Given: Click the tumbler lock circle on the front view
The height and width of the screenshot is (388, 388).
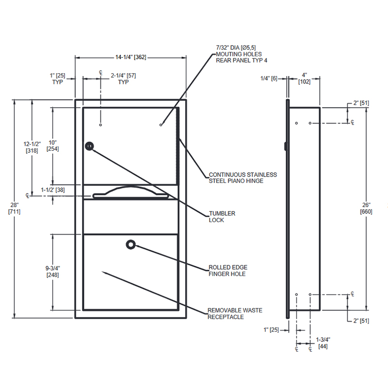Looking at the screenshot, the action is tap(89, 146).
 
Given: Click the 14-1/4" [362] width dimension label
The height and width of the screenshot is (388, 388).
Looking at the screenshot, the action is tap(130, 57).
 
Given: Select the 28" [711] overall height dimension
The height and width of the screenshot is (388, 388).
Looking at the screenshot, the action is tap(15, 208).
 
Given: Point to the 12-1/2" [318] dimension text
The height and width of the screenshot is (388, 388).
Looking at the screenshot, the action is tap(32, 147).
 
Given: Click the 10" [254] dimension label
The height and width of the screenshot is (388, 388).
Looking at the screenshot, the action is tap(53, 145).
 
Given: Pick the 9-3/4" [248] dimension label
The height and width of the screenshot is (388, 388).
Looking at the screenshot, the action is tap(53, 272).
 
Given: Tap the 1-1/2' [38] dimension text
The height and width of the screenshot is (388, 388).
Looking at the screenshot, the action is tap(53, 190).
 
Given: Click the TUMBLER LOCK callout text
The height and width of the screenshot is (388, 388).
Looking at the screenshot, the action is tap(222, 217).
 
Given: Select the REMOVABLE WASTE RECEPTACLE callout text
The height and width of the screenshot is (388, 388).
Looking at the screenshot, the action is tap(235, 313).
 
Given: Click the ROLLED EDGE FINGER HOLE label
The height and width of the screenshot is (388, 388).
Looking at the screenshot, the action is tap(228, 271).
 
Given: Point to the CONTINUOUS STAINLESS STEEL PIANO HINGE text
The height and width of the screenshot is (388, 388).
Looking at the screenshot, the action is tap(243, 178).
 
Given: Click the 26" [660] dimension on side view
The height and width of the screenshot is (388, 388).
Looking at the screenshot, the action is tap(366, 208).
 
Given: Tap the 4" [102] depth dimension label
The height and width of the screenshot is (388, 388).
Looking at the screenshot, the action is tap(305, 78).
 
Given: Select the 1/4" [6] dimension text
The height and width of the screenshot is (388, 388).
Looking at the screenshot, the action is tap(269, 79).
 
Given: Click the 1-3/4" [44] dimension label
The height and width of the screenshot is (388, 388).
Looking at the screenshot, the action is tap(323, 343).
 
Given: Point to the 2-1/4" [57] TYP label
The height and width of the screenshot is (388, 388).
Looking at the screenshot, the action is tap(123, 79).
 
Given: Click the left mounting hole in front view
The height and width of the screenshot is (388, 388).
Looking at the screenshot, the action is tap(100, 125).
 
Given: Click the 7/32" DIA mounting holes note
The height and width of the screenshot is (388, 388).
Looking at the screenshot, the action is tap(242, 54).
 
